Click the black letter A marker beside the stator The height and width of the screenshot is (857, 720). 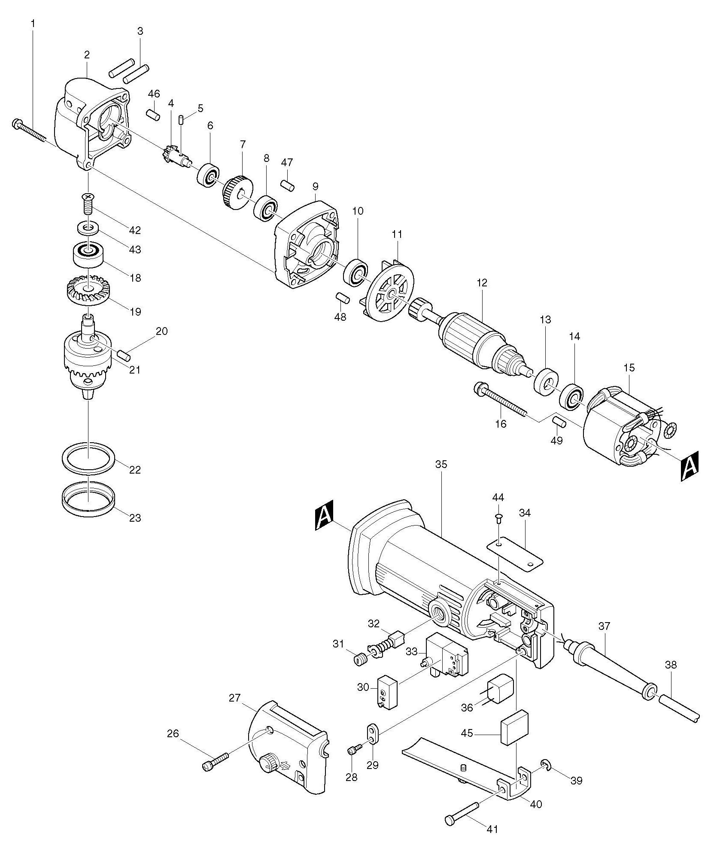point(690,466)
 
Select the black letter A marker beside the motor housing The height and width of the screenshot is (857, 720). point(324,517)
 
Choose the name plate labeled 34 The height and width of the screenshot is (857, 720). point(515,554)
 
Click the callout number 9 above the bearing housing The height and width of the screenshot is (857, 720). point(316,187)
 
